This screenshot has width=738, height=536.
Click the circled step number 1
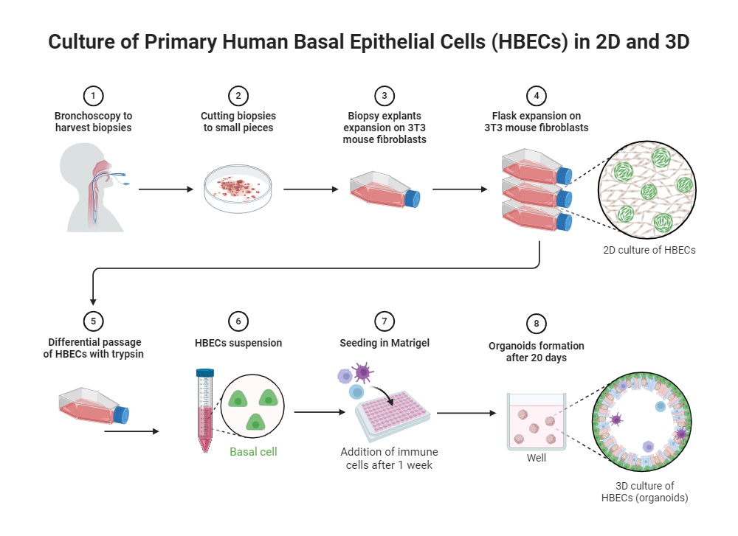(93, 96)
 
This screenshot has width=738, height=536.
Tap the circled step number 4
(536, 96)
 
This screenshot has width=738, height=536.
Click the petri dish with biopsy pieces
(238, 189)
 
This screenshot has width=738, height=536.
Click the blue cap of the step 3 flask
(412, 200)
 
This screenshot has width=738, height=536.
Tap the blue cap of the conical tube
(204, 372)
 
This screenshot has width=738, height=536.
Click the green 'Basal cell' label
(253, 451)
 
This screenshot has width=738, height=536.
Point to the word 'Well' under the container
(537, 458)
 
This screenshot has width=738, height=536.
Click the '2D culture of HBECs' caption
(649, 250)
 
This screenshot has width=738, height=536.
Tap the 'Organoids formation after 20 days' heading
(537, 352)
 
